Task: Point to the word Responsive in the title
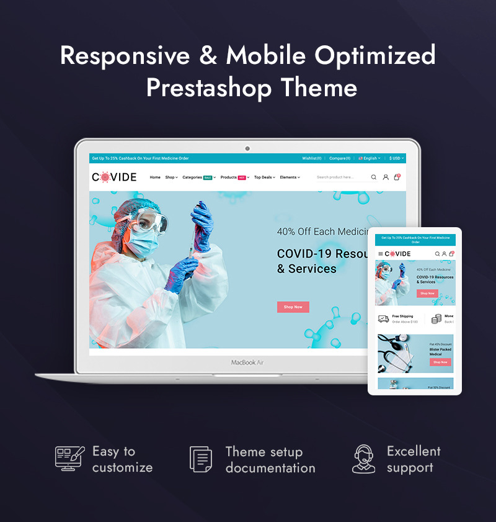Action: [125, 55]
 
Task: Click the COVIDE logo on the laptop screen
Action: [114, 177]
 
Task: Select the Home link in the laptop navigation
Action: [155, 178]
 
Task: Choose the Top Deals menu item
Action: [265, 178]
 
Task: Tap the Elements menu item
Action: [290, 178]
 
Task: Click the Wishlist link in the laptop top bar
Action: [312, 158]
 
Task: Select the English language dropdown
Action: [370, 158]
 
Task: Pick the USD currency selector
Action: [396, 158]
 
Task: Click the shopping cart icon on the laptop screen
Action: [397, 177]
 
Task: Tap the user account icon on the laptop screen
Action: [386, 177]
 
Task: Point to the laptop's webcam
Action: [247, 148]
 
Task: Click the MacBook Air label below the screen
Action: [247, 362]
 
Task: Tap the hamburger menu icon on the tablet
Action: [381, 254]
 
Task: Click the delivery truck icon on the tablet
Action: [384, 319]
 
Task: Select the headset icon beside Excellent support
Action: [364, 459]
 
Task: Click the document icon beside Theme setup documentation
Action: [200, 459]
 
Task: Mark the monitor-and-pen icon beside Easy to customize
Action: [69, 457]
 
